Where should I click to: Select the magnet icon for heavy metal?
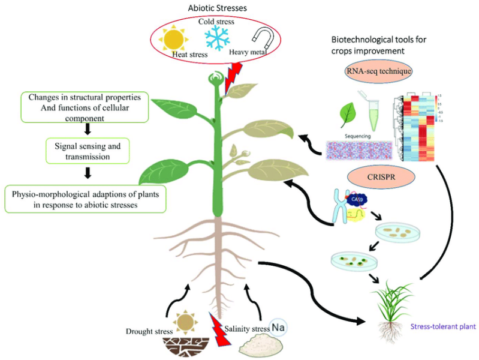259,40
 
